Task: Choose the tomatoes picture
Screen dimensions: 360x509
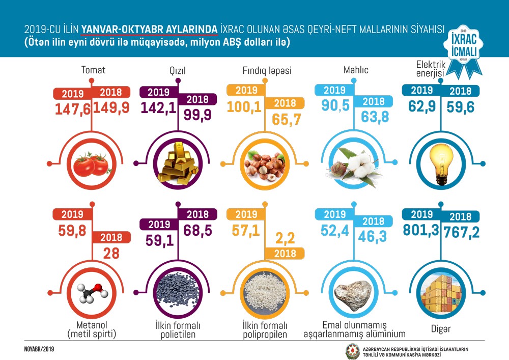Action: (92, 164)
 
